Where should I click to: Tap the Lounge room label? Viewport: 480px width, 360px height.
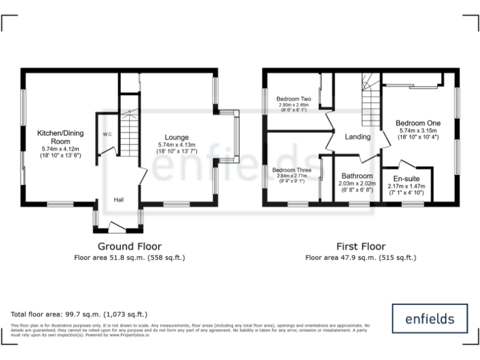tap(177, 137)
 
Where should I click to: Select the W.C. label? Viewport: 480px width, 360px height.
tap(107, 134)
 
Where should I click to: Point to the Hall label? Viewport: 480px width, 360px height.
tap(119, 200)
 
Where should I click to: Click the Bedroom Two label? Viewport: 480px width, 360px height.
tap(294, 99)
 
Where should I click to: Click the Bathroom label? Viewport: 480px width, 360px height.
tap(356, 176)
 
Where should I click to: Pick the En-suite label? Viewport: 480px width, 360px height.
tap(406, 179)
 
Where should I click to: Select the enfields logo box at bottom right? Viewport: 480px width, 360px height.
tap(429, 318)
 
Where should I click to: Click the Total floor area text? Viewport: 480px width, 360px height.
tap(79, 314)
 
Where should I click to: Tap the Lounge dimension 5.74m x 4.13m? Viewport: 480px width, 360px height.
tap(177, 145)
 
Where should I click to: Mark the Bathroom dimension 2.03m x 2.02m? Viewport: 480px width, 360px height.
tap(356, 184)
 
